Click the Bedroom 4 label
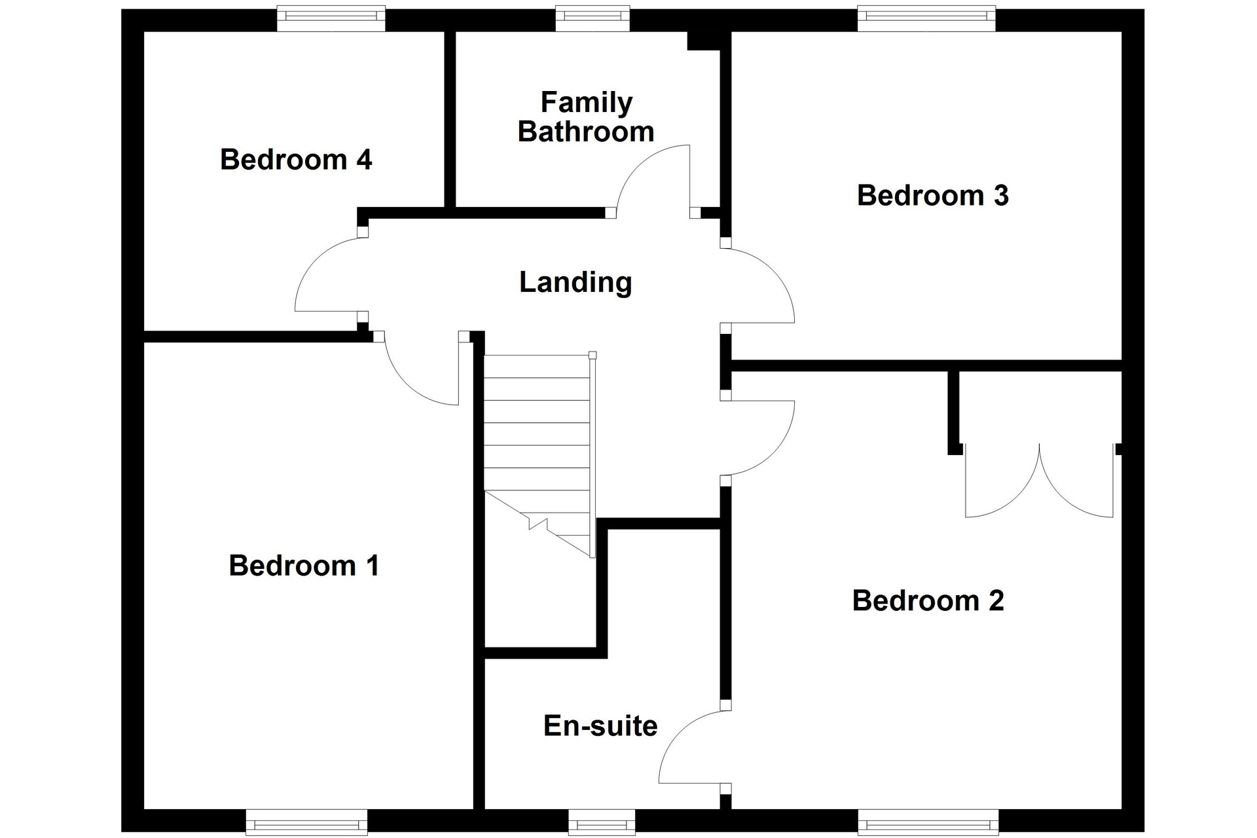tap(296, 160)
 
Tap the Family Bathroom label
tap(586, 117)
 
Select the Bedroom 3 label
tap(933, 196)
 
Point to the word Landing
tap(575, 283)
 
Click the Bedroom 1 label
tap(304, 566)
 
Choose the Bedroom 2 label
tap(928, 601)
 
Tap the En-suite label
tap(600, 726)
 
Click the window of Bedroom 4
tap(331, 19)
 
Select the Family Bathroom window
tap(593, 19)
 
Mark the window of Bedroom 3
tap(927, 19)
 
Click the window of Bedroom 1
tap(306, 821)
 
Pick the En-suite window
tap(602, 821)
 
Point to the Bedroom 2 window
tap(928, 821)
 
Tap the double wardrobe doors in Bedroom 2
tap(1040, 482)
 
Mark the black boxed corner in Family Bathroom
tap(704, 40)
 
